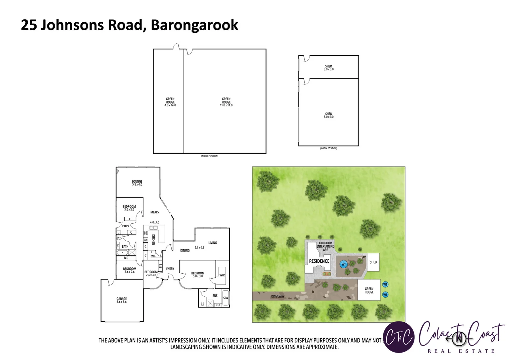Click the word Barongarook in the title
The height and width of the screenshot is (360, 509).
[x=194, y=25]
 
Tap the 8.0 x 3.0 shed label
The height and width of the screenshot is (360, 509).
[x=328, y=68]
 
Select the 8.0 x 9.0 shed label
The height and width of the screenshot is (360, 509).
[x=328, y=115]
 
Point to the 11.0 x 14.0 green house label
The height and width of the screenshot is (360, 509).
[x=226, y=102]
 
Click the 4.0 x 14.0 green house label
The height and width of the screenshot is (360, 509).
[x=170, y=102]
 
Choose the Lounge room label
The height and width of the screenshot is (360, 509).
[x=137, y=183]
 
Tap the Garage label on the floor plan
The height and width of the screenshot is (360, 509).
[x=122, y=300]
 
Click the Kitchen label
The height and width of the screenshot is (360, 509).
[x=154, y=239]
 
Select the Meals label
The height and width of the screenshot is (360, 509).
[x=155, y=212]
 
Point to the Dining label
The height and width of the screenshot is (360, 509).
[x=185, y=250]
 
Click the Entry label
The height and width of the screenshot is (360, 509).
[x=170, y=269]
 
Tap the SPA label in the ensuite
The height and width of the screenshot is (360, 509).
[x=226, y=298]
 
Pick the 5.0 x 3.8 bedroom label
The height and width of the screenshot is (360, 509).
[x=198, y=274]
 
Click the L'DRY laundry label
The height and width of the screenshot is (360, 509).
[x=126, y=226]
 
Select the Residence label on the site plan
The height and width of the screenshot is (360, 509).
[x=319, y=261]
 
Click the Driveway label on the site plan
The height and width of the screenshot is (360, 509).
[x=278, y=296]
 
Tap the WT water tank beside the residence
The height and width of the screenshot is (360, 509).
[x=343, y=264]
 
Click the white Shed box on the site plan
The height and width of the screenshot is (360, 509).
[x=373, y=262]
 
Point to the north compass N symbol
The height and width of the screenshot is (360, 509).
[x=459, y=339]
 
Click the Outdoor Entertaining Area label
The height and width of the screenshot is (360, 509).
[x=325, y=246]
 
